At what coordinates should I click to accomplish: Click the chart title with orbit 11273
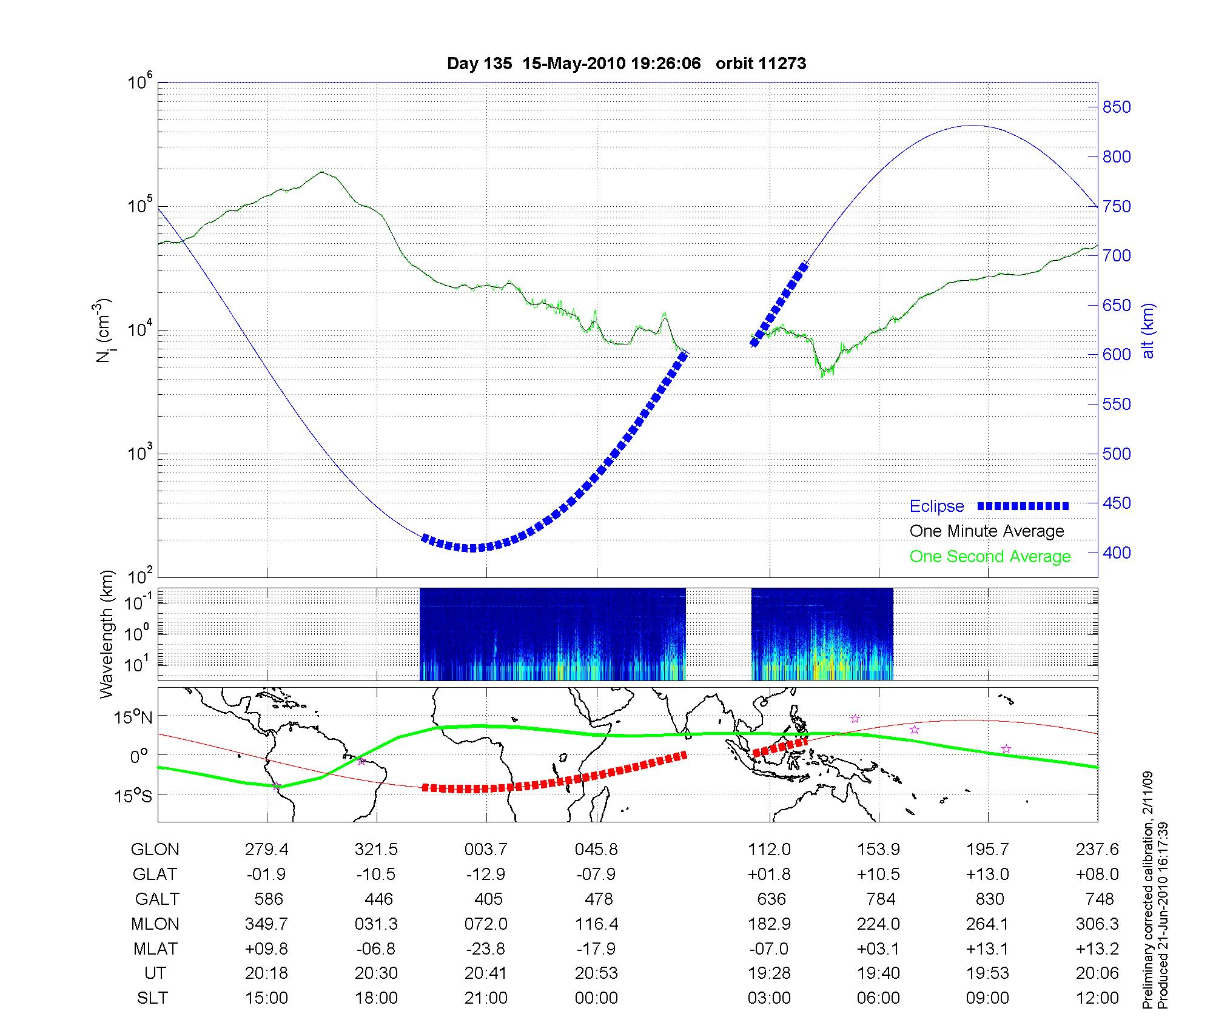627,64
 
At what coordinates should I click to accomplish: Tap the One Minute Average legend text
987,531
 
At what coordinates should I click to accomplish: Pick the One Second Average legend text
990,557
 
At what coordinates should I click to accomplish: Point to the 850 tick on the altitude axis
1116,107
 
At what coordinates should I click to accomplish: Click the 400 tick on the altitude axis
1116,552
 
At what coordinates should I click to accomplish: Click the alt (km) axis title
1149,331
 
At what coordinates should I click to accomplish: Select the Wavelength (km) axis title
107,634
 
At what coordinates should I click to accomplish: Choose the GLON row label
155,850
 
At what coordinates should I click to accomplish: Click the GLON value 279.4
267,850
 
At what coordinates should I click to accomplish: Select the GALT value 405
488,899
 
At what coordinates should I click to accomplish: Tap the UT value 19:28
769,973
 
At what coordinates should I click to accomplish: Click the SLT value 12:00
1097,998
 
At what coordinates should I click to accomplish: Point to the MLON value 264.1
987,924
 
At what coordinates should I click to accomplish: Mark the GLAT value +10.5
878,875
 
